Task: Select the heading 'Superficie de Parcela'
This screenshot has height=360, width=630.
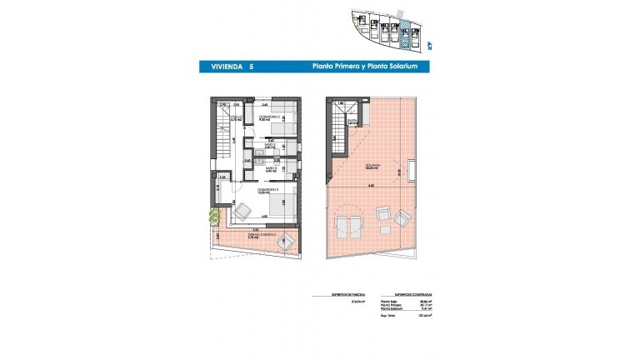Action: (x=327, y=294)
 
